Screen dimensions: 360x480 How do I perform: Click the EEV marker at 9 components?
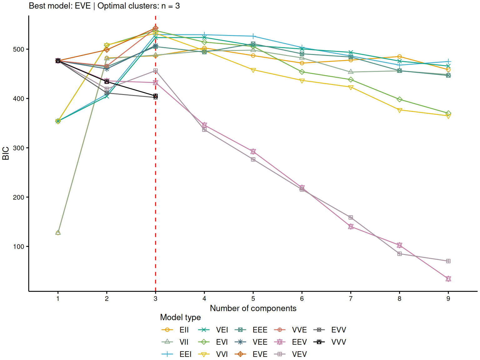(x=448, y=279)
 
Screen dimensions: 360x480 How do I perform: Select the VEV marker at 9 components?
(x=448, y=261)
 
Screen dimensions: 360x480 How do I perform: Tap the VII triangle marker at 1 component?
(x=58, y=233)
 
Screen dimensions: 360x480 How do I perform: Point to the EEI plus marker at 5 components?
(x=253, y=36)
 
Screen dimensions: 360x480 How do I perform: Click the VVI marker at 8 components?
(x=399, y=110)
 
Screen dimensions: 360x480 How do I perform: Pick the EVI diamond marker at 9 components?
(x=448, y=113)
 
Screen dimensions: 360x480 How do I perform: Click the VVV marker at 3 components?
(x=156, y=96)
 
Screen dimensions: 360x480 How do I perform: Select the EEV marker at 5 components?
(x=253, y=152)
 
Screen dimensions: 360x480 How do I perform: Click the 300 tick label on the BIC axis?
(x=19, y=148)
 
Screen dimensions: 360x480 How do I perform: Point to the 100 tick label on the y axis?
(x=19, y=247)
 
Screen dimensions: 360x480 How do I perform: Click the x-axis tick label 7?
(x=351, y=299)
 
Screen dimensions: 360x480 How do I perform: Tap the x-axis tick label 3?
(x=156, y=299)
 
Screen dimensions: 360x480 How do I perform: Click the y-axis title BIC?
(x=6, y=153)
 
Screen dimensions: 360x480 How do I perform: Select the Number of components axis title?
(x=253, y=308)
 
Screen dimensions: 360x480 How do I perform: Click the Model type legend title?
(x=180, y=317)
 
